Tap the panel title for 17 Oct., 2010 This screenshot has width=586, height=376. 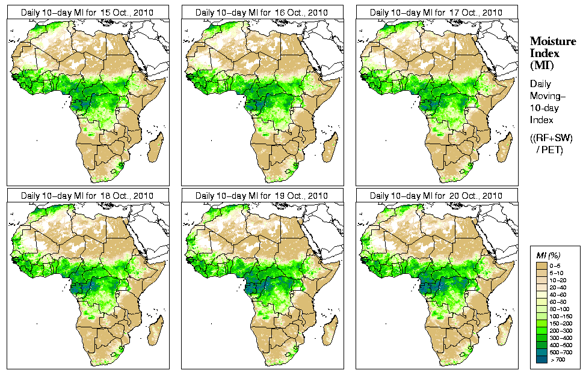[x=436, y=12]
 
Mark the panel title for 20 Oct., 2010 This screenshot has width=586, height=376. [x=436, y=196]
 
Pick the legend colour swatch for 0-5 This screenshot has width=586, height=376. [x=540, y=264]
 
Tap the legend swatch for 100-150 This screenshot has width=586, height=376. [x=540, y=315]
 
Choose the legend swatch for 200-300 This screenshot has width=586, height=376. [x=540, y=329]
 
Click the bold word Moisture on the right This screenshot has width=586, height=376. [x=552, y=41]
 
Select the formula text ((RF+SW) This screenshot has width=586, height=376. [x=551, y=138]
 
